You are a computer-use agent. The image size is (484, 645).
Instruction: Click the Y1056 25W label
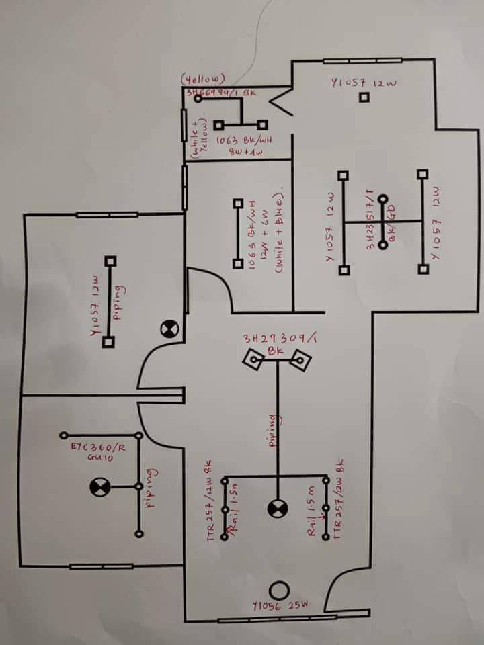tap(280, 605)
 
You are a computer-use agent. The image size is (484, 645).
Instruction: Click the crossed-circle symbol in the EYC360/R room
tap(99, 486)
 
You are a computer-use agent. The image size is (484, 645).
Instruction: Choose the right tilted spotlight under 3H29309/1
tap(300, 362)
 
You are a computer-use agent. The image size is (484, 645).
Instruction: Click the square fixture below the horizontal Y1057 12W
tap(364, 97)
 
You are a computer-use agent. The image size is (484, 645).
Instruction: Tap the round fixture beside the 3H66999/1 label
tap(198, 99)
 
